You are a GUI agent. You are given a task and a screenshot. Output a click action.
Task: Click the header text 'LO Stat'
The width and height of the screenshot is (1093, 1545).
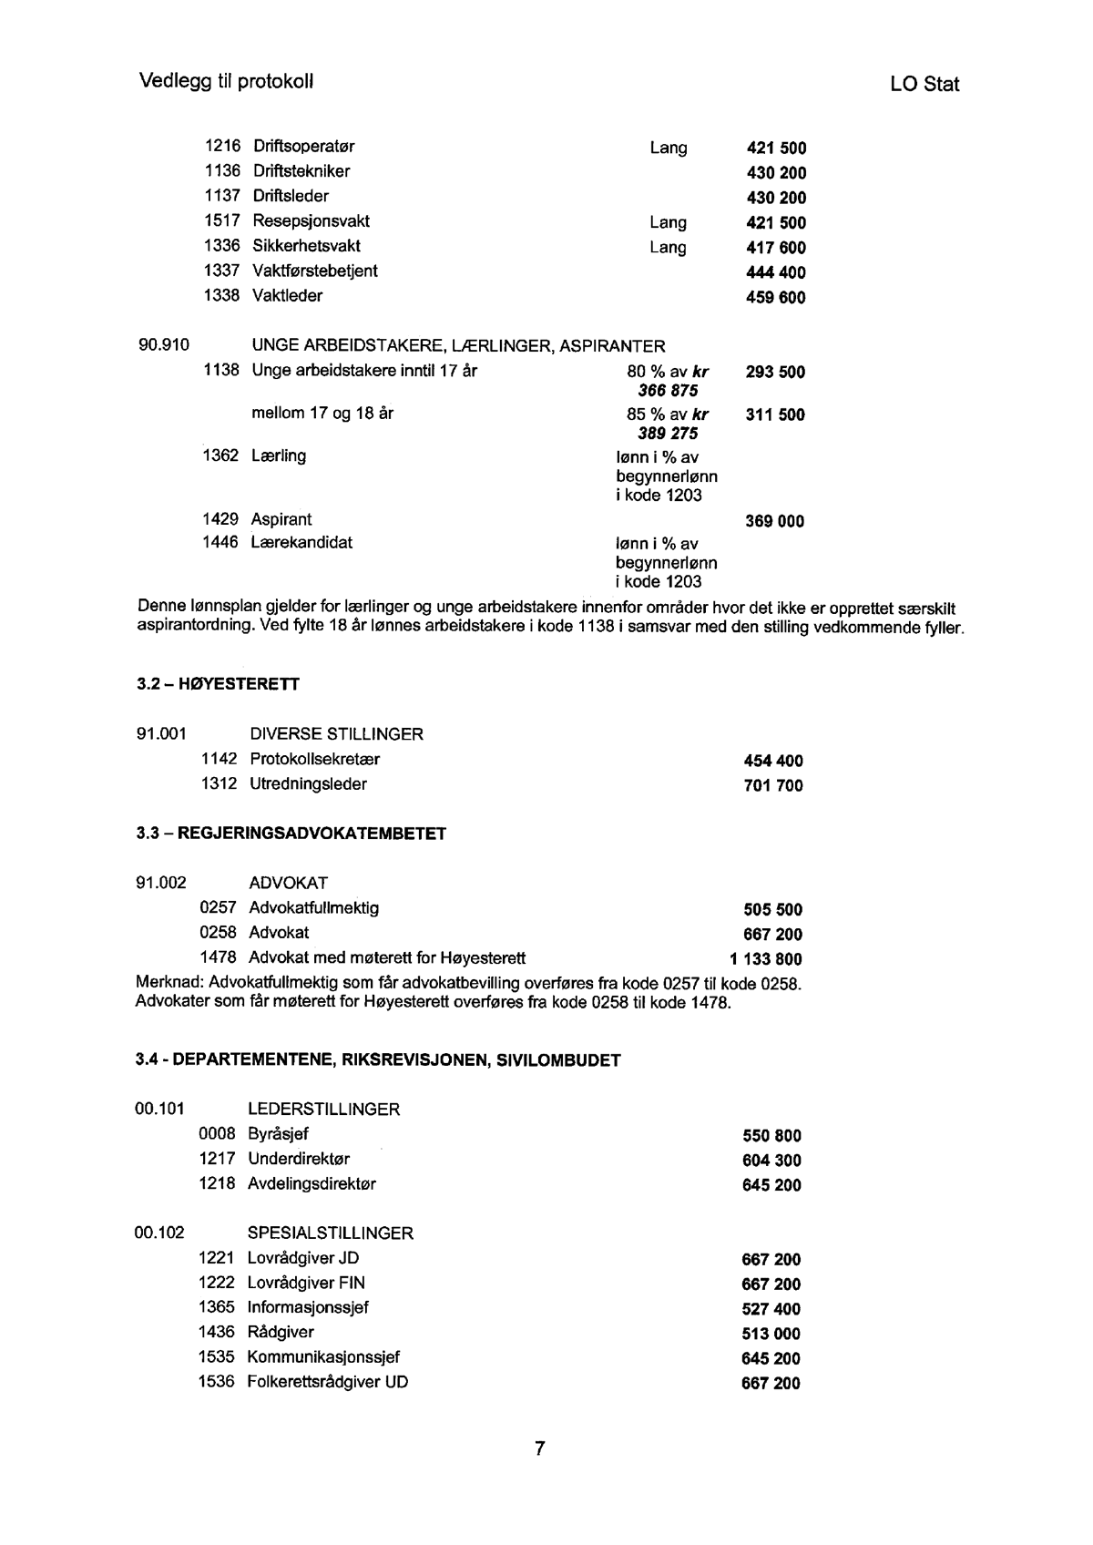(x=924, y=85)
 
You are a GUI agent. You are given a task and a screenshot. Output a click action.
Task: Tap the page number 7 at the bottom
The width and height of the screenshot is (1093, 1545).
(x=539, y=1449)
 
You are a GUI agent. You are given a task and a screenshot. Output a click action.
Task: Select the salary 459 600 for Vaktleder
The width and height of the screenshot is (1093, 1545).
(x=776, y=298)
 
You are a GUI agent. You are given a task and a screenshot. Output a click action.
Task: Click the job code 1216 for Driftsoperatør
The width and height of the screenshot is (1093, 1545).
(x=222, y=147)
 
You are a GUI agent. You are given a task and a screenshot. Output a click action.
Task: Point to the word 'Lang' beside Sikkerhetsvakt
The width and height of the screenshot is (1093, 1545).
(x=668, y=248)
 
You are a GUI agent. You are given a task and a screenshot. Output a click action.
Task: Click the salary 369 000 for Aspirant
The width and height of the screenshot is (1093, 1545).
(x=775, y=522)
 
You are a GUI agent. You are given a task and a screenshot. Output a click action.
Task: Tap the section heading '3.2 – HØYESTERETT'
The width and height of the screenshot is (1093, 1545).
(x=218, y=684)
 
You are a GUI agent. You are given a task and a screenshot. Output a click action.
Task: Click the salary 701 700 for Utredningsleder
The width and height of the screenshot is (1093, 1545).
(x=774, y=786)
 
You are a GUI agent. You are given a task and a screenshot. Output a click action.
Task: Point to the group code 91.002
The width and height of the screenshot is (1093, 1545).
(x=161, y=883)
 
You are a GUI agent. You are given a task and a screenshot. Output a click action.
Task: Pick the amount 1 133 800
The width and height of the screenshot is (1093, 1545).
(x=766, y=958)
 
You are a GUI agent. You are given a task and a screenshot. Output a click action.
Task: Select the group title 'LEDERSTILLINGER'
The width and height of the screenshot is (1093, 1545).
(x=323, y=1110)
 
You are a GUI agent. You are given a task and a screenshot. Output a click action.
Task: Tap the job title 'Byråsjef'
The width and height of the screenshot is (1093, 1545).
(x=278, y=1134)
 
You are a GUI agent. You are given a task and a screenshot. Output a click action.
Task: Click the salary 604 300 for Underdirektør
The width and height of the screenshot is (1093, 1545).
(x=772, y=1161)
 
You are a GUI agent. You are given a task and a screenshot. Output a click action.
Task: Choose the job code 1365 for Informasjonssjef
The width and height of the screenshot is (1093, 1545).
(x=217, y=1307)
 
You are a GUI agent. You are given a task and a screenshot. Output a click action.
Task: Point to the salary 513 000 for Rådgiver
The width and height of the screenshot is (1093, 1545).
(x=771, y=1335)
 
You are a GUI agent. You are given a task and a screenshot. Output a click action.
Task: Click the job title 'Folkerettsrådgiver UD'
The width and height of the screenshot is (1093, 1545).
(x=328, y=1382)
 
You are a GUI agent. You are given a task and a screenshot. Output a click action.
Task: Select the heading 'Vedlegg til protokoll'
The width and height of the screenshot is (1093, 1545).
(x=227, y=81)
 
